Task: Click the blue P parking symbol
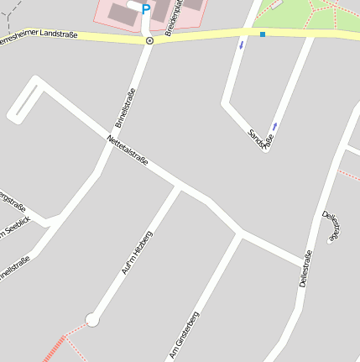click(145, 10)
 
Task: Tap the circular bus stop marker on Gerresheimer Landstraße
click(149, 40)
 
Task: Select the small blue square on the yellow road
click(263, 34)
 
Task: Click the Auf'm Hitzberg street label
click(136, 252)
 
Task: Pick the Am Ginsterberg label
click(184, 334)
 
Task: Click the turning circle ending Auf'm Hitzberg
click(92, 319)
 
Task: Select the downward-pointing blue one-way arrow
click(242, 45)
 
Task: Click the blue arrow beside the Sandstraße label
click(274, 126)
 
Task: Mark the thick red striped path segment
click(53, 349)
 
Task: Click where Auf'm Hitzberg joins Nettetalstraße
click(179, 187)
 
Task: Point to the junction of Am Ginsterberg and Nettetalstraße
click(241, 234)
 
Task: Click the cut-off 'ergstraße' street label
click(14, 200)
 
